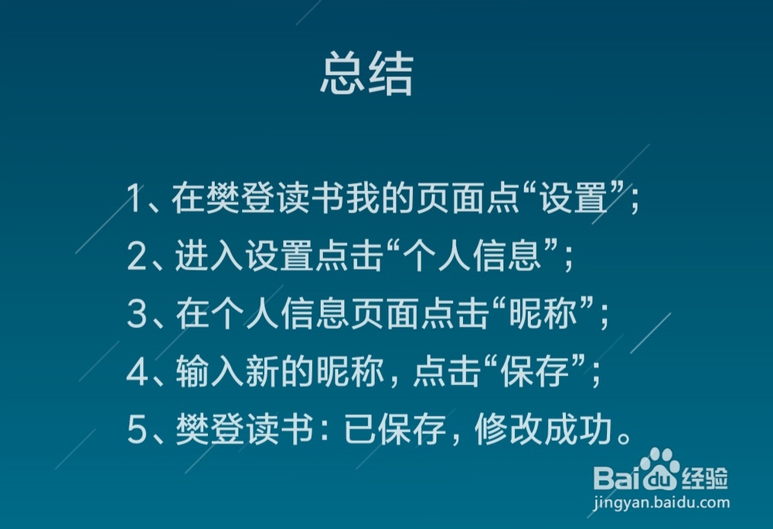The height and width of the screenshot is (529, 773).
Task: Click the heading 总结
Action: point(366,73)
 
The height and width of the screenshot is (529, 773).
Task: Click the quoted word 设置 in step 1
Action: point(572,198)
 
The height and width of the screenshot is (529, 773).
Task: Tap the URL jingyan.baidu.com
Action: point(661,503)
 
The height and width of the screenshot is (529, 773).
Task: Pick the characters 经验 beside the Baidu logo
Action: point(705,478)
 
